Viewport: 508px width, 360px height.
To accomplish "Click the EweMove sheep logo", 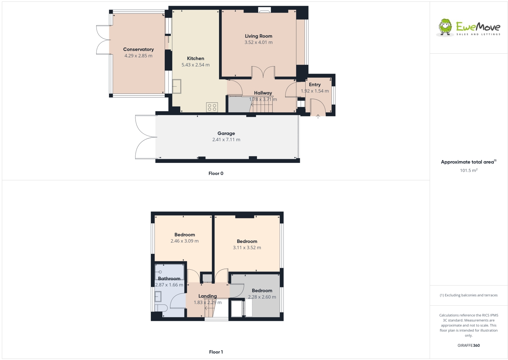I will pos(445,27).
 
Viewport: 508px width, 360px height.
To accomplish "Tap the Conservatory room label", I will pos(138,50).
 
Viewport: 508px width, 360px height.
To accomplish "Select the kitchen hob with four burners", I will pos(212,107).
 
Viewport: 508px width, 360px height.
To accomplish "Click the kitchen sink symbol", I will pos(177,86).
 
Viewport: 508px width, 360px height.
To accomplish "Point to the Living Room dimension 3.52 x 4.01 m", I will pos(258,42).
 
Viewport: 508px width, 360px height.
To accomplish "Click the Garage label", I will pos(226,133).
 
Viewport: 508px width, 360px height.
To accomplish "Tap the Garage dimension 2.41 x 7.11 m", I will pos(226,140).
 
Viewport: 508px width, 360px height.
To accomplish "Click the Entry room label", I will pos(315,85).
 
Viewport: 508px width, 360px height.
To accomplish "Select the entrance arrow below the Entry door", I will pos(318,117).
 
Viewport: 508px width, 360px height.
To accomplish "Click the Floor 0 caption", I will pos(216,173).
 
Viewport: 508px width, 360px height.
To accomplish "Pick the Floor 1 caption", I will pos(216,352).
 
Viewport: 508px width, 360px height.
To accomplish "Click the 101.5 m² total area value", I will pos(469,170).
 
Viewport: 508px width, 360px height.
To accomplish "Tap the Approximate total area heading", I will pos(468,162).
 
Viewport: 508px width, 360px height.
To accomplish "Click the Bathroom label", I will pos(169,279).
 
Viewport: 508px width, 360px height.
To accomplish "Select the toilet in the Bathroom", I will pos(161,308).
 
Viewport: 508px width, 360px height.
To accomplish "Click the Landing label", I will pos(207,296).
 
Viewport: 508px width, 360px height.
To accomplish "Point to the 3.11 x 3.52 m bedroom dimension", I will pos(247,248).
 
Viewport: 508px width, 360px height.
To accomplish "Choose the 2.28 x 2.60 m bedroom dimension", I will pos(262,297).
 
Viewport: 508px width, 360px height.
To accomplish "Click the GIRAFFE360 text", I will pos(469,345).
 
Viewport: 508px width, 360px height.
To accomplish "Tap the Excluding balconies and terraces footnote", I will pos(469,295).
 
